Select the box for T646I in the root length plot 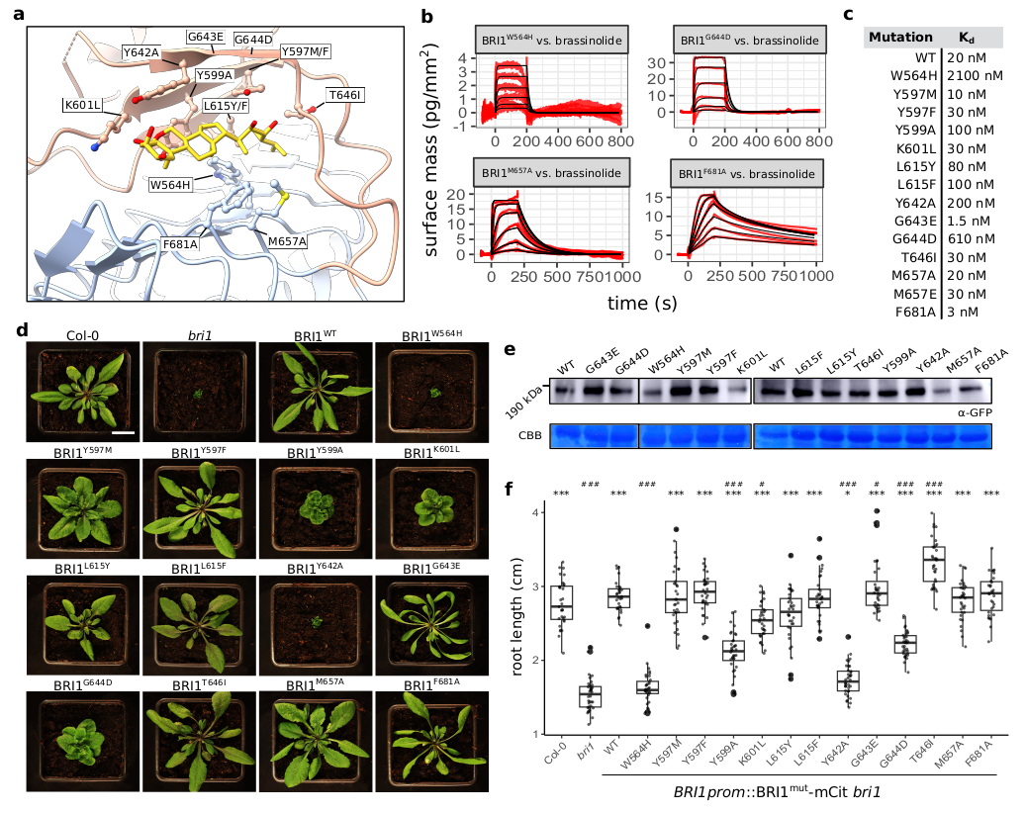pos(933,565)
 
